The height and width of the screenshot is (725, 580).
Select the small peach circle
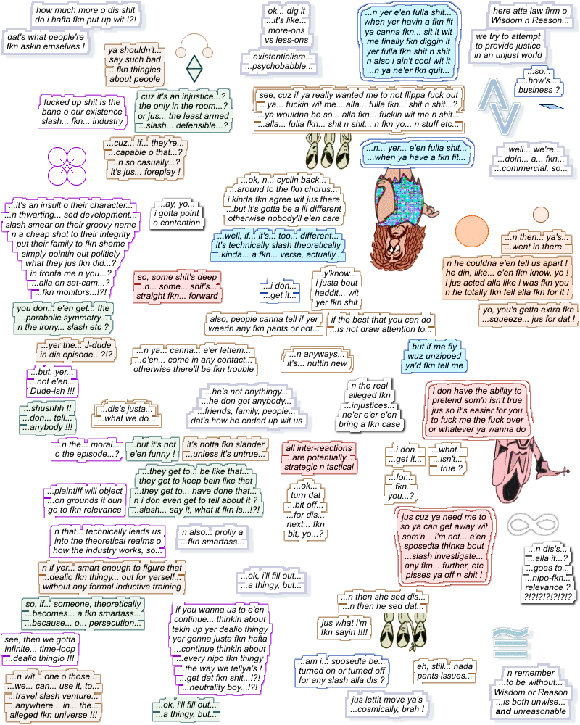pyautogui.click(x=541, y=215)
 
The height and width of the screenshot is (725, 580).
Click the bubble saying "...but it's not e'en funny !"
pyautogui.click(x=152, y=449)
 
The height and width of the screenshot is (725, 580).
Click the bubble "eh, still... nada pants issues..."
pyautogui.click(x=444, y=671)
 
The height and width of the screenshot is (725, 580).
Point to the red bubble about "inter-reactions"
pyautogui.click(x=320, y=454)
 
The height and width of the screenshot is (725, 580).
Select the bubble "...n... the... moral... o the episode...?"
pyautogui.click(x=86, y=449)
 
